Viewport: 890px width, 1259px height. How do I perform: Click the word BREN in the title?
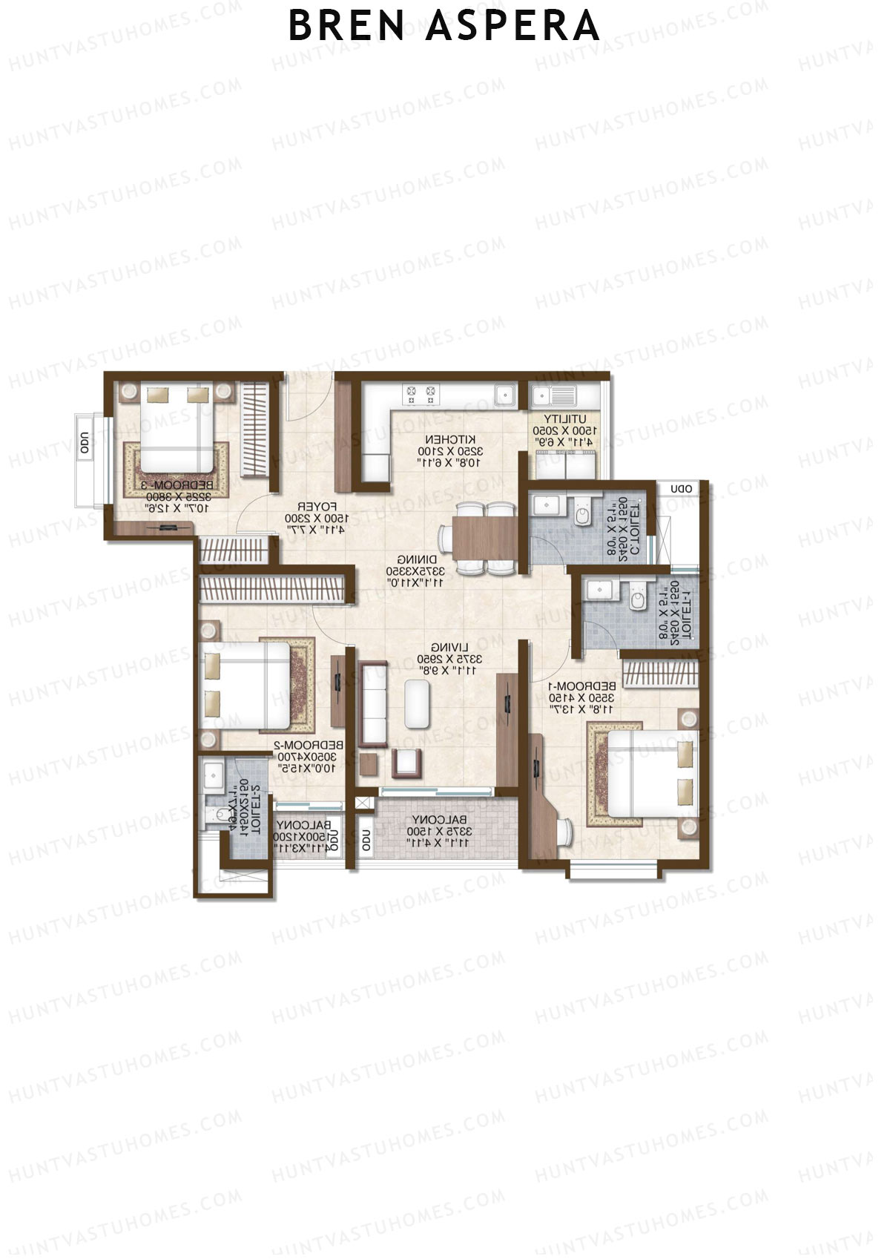coord(346,25)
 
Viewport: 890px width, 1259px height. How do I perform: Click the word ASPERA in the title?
coord(512,25)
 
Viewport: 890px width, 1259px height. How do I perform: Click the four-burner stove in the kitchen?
coord(421,394)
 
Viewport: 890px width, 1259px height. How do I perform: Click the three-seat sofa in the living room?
coord(373,705)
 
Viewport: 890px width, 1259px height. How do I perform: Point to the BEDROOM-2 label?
coord(309,744)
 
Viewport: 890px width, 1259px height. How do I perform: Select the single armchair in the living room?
coord(406,763)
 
